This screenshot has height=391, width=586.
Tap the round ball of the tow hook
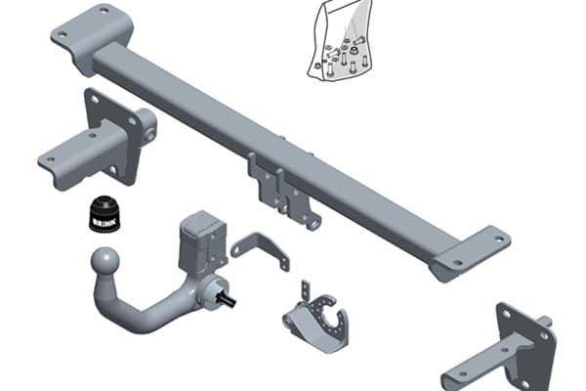[105, 260]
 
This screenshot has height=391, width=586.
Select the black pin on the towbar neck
[228, 300]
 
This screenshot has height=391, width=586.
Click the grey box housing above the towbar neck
[202, 242]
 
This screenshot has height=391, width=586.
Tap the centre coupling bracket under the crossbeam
[283, 191]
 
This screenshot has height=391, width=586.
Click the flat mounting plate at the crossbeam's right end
[472, 254]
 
